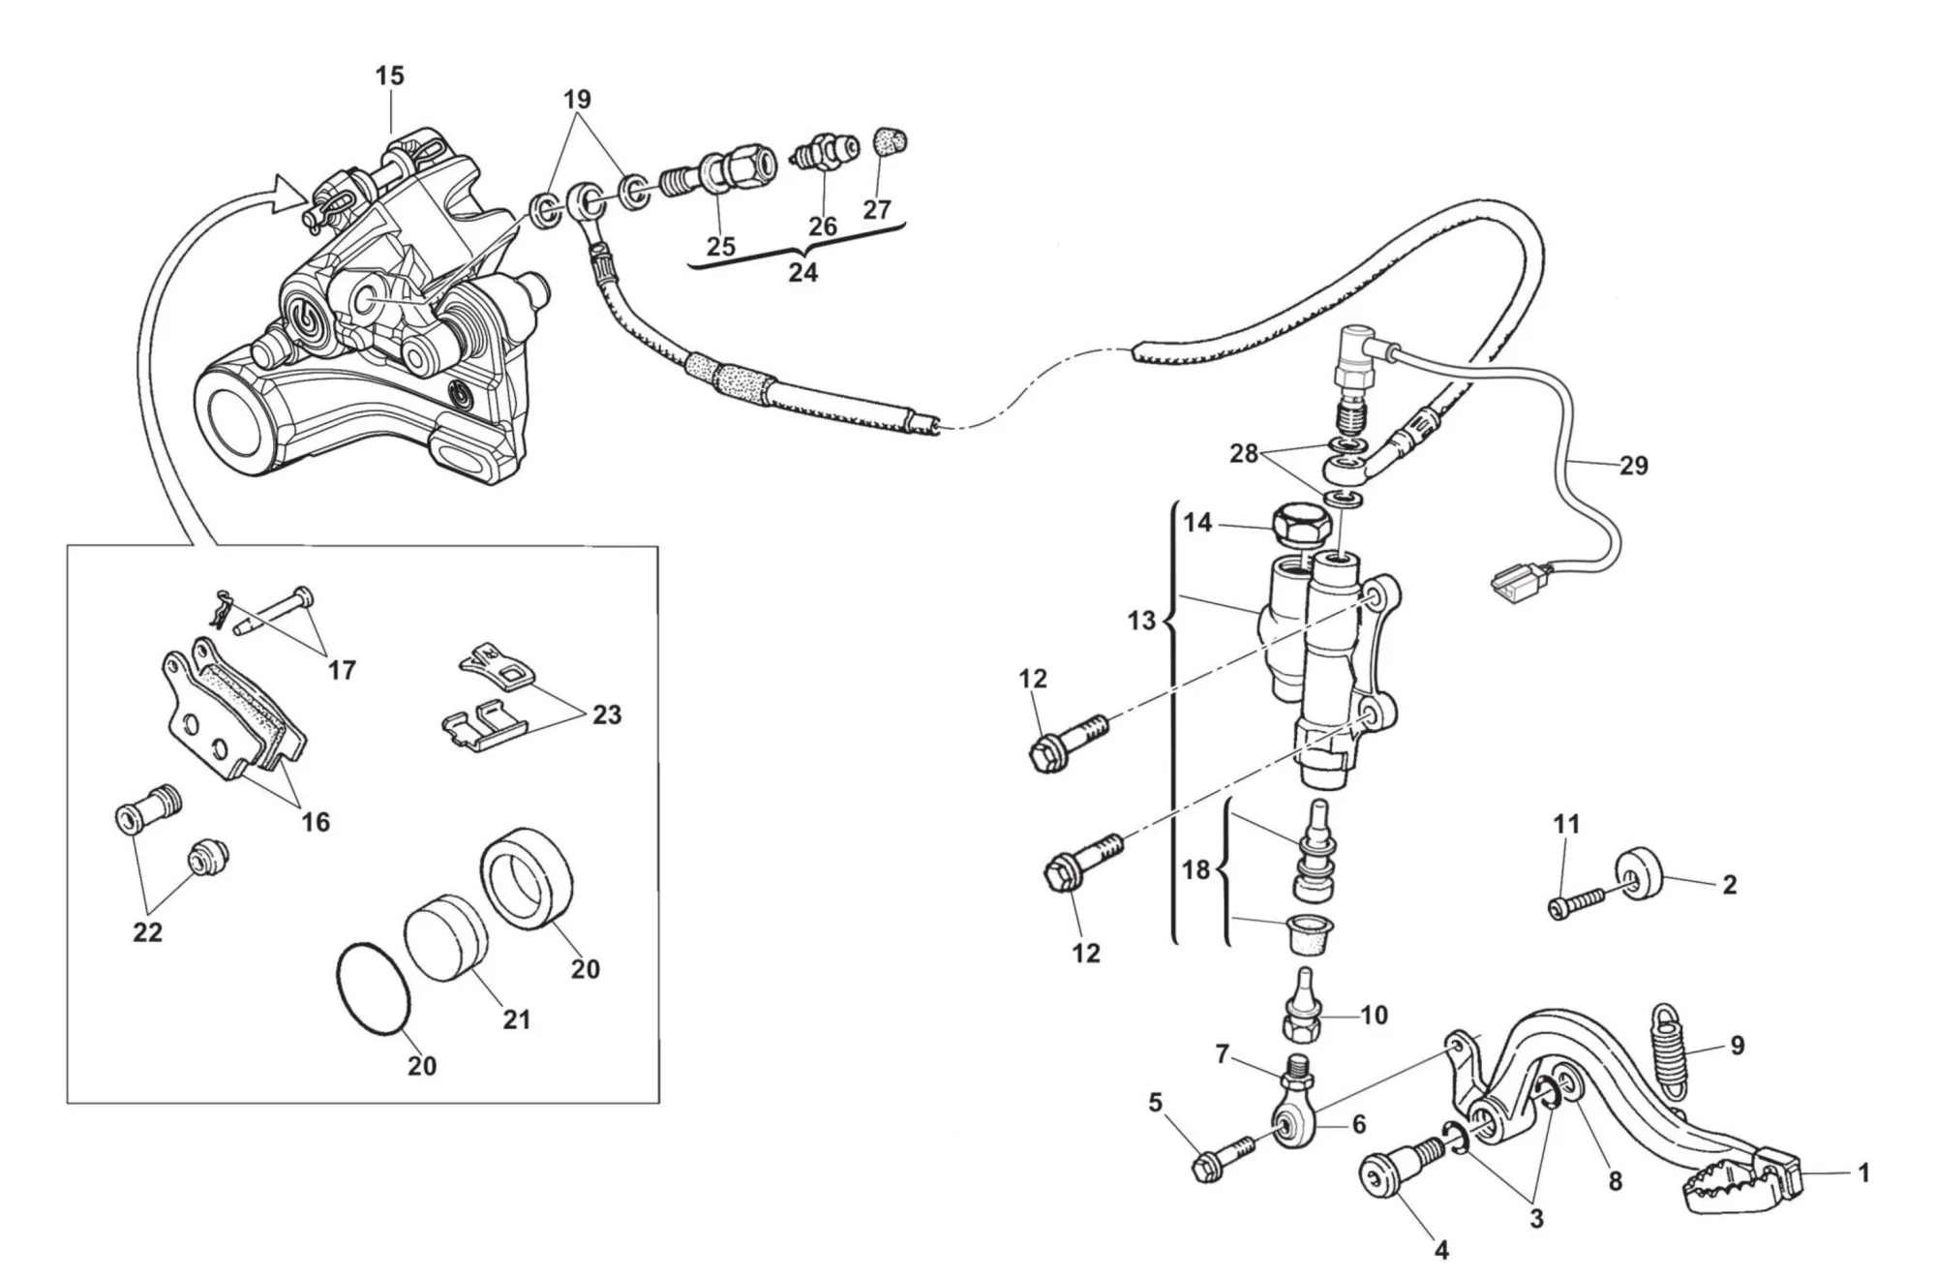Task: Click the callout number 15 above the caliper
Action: click(390, 76)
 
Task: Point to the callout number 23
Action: click(607, 715)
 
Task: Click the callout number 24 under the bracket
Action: click(802, 273)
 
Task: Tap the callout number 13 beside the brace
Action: click(1142, 620)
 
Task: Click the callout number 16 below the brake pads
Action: click(316, 822)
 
